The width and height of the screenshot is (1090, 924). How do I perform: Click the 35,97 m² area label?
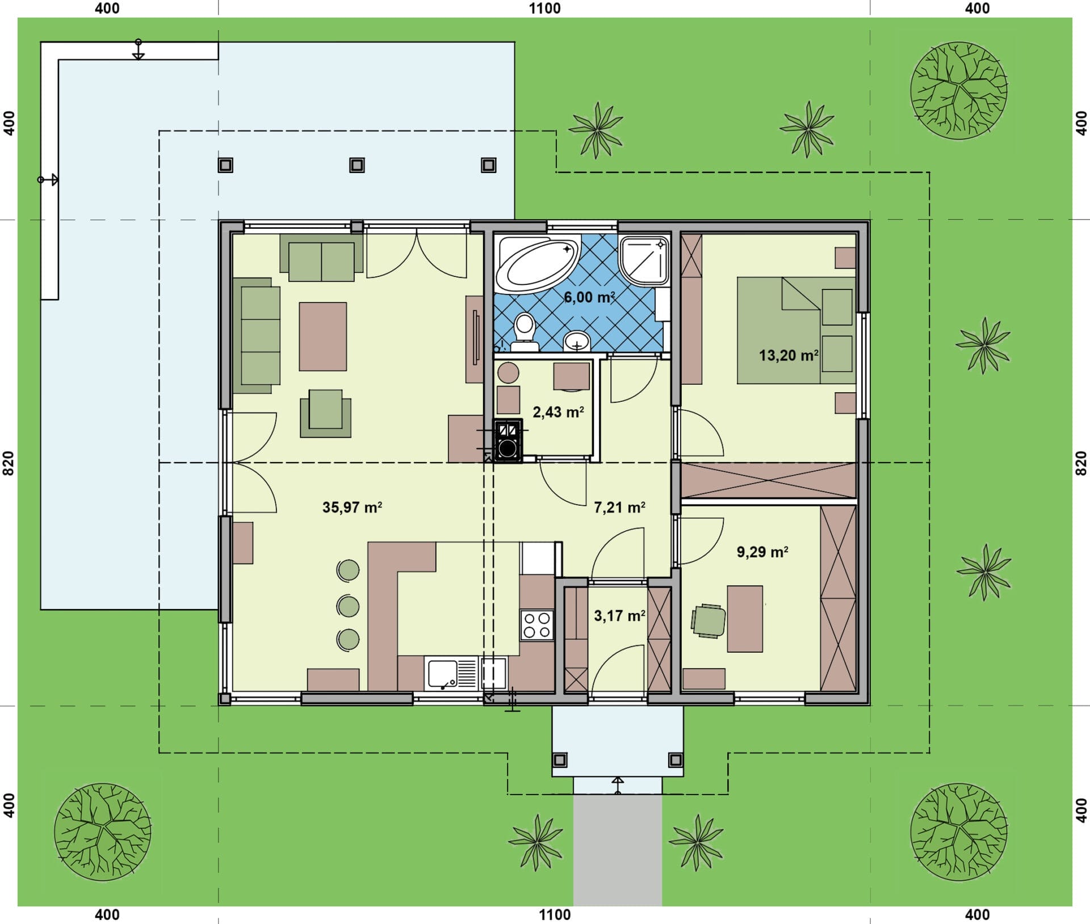[352, 507]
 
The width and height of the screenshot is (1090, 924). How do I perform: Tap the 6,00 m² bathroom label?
[589, 297]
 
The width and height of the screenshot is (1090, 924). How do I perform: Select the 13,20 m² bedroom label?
[789, 355]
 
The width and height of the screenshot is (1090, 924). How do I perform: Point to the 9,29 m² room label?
[762, 552]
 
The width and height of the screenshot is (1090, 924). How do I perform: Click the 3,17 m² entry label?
[619, 615]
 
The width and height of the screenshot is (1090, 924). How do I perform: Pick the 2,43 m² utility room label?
[558, 411]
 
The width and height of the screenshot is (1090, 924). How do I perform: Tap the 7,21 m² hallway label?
[619, 507]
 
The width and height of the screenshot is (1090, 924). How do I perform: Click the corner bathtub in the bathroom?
[537, 263]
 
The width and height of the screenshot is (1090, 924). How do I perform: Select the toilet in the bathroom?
[524, 332]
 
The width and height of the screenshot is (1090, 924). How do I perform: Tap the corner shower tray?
[645, 261]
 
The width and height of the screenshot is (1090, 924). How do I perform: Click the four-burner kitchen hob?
[537, 625]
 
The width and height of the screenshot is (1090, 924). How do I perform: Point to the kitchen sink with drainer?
[452, 673]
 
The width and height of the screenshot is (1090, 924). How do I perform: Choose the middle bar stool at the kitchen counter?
[348, 606]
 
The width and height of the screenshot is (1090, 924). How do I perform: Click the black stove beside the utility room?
[508, 441]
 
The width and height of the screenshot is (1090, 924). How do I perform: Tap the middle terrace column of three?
[357, 165]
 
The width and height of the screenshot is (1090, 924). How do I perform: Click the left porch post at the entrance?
[560, 759]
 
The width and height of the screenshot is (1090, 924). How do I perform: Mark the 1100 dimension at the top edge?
[544, 9]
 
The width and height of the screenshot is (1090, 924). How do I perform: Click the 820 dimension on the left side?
[9, 463]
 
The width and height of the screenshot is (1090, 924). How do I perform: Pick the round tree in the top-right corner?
[959, 90]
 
